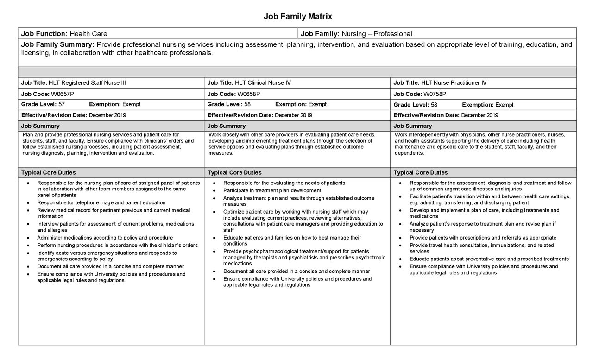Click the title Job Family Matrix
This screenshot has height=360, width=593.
[298, 17]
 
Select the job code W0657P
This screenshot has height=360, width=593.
[62, 94]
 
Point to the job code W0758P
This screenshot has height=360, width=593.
[435, 94]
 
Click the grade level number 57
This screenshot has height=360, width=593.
[61, 105]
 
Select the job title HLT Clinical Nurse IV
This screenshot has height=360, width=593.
[263, 83]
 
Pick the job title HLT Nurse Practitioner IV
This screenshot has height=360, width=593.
[454, 83]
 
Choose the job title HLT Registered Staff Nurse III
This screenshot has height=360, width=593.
[87, 83]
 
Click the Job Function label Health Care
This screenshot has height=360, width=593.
[88, 34]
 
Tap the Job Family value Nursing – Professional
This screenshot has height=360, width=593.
[376, 34]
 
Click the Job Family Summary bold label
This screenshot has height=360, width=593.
[58, 45]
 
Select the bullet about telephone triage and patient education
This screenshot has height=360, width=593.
[101, 203]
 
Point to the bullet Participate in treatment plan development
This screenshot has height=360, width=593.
[272, 190]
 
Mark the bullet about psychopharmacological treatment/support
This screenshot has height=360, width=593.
[303, 257]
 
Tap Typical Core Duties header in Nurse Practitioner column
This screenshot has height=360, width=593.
[421, 173]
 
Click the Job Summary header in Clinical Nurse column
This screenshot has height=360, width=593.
[227, 126]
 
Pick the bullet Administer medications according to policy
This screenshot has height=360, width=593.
[105, 238]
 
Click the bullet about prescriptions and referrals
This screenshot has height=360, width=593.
[483, 238]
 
